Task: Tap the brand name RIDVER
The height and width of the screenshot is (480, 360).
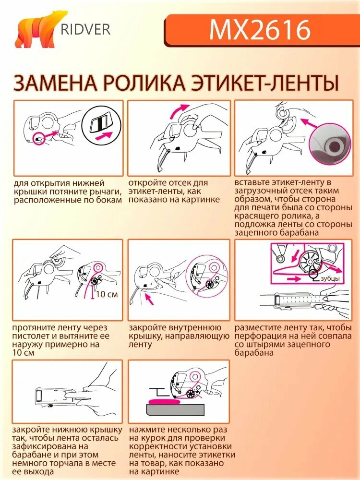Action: point(85,29)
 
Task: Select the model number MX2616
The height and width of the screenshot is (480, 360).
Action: point(260,30)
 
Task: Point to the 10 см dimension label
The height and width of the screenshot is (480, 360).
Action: point(107,294)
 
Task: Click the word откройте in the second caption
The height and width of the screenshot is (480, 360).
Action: point(147,183)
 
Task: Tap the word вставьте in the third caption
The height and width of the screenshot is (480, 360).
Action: point(253,182)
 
